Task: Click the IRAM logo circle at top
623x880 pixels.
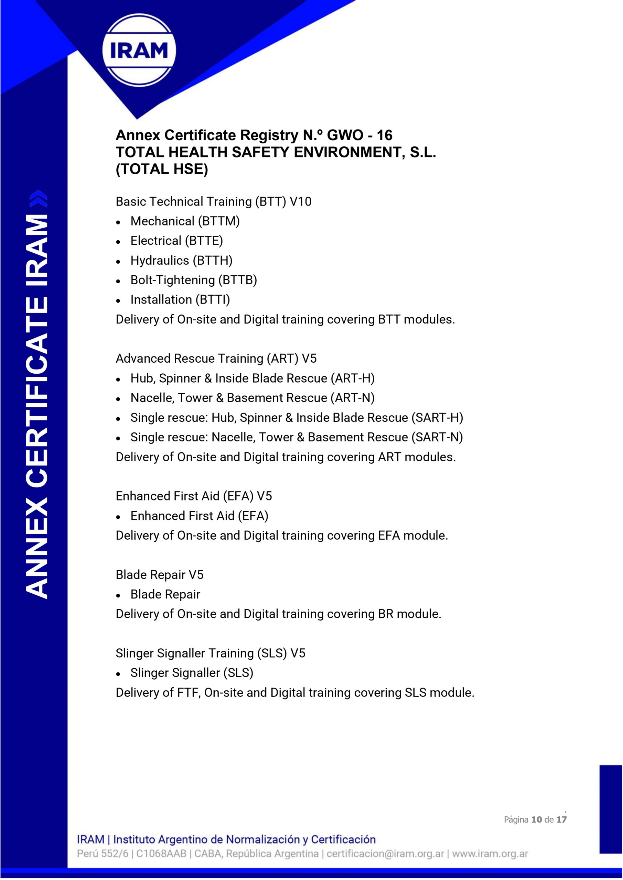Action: tap(139, 50)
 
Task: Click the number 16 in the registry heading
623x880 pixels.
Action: tap(384, 135)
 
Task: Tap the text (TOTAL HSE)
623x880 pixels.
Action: tap(162, 169)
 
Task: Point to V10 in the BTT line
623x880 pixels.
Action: tap(300, 201)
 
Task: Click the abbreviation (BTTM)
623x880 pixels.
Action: tap(219, 221)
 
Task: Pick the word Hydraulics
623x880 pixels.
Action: tap(160, 261)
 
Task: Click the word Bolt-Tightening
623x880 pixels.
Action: tap(173, 280)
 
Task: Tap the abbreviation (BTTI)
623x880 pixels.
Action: tap(213, 300)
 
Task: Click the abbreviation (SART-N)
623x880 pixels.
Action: tap(437, 437)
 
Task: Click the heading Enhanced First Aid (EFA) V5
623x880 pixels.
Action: tap(194, 496)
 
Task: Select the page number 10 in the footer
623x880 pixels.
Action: tap(536, 819)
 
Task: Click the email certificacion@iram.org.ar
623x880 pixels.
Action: tap(385, 854)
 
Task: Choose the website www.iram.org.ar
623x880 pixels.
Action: tap(490, 854)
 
